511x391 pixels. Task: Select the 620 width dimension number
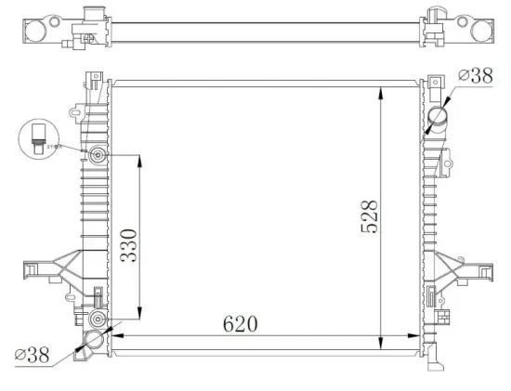[239, 324]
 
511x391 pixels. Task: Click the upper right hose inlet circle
[439, 118]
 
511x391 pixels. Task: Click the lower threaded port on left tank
[99, 320]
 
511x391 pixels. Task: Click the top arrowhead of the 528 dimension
[381, 85]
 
